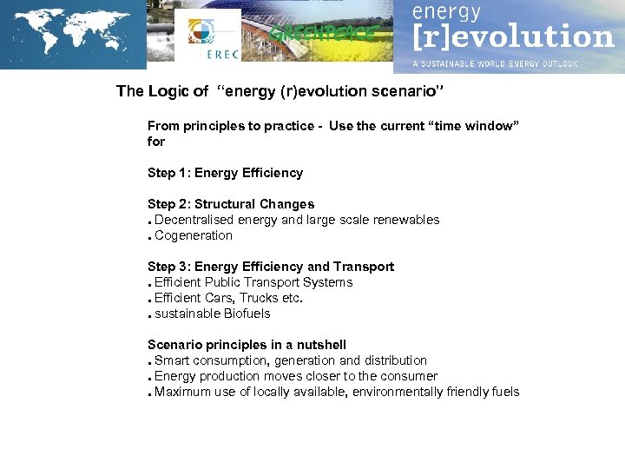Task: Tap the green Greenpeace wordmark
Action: coord(324,34)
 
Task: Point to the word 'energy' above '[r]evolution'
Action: coord(446,12)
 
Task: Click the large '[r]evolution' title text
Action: coord(512,37)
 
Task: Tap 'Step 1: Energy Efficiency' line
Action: coord(225,173)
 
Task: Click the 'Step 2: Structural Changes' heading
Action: coord(231,204)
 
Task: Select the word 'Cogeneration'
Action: coord(194,235)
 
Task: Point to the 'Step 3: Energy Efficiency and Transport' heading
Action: coord(271,267)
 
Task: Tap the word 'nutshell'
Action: coord(320,345)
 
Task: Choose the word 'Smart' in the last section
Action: coord(172,360)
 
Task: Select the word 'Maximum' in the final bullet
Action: coord(182,392)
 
